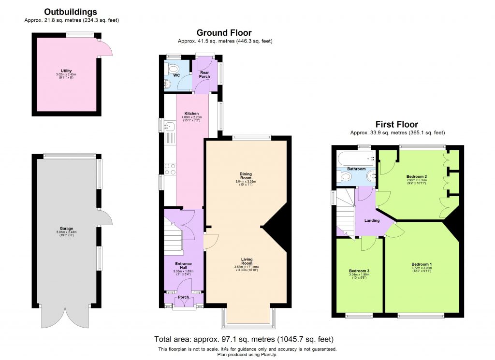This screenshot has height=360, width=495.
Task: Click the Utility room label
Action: point(66,71)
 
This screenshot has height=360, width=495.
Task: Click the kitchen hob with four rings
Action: point(170,169)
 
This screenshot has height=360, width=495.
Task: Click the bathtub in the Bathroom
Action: point(356,158)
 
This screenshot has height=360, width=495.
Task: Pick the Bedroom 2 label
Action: point(416,176)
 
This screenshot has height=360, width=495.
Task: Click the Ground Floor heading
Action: point(225,33)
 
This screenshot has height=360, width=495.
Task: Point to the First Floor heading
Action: point(397,124)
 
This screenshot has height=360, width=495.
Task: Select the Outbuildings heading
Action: point(70,12)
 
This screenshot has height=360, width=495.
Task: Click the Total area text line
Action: point(244,339)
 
